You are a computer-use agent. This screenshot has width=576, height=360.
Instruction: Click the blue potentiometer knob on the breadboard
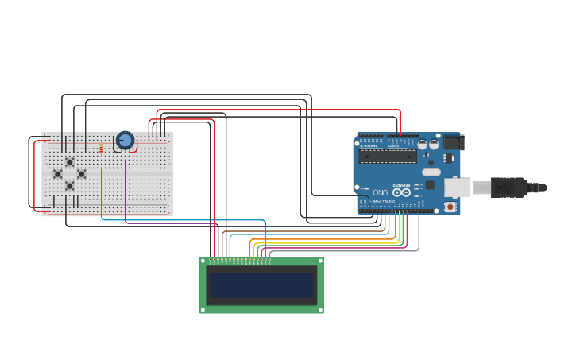[125, 141]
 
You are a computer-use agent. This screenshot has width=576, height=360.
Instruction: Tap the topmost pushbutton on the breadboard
[69, 162]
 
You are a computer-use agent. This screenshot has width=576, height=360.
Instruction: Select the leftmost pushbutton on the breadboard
[57, 174]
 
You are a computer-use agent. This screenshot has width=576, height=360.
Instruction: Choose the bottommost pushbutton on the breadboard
[69, 186]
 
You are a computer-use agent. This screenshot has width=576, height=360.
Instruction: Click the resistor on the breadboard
[101, 148]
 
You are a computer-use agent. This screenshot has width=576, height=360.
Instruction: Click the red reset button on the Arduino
[450, 207]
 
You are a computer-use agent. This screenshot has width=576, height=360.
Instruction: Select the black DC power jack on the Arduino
[452, 143]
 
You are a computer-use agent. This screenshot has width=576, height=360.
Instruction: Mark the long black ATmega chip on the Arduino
[388, 157]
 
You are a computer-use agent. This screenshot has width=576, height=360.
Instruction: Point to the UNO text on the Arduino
[380, 192]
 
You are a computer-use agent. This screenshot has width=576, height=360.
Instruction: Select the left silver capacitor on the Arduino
[423, 145]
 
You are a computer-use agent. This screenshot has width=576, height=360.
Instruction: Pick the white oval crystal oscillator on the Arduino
[431, 172]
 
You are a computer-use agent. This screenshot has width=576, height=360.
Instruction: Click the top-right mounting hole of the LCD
[320, 261]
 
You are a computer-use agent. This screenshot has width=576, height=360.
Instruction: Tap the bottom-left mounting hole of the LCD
[203, 309]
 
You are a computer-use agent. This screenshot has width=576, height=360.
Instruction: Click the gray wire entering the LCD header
[270, 254]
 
